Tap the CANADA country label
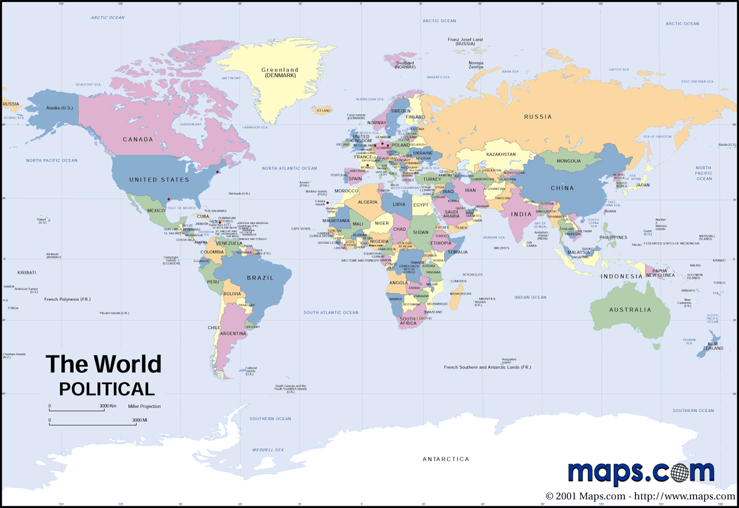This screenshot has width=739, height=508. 138,139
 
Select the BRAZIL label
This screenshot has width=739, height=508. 260,278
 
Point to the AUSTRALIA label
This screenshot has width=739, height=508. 630,310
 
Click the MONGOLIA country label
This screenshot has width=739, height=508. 568,162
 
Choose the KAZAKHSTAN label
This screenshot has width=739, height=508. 501,154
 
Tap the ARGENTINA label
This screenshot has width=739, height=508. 233,334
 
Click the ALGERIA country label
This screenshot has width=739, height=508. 368,202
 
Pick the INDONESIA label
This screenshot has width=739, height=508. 622,276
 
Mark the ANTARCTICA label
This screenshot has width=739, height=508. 445,459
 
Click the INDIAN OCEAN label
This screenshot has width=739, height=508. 530,298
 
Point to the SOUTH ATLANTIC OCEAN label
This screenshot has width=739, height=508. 331,313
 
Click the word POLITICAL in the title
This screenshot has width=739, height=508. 107,389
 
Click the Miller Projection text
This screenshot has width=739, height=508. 144,406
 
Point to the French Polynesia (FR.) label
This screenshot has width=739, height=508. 67,300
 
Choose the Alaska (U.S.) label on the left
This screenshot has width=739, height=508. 60,108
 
